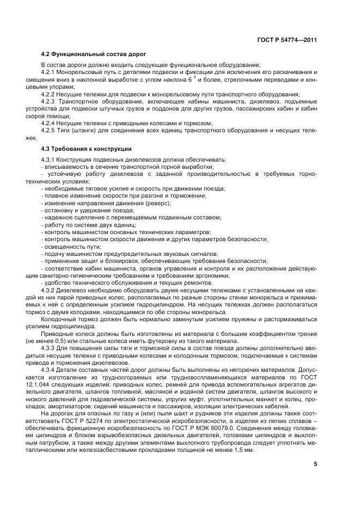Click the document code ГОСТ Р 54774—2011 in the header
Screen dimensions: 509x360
click(286, 39)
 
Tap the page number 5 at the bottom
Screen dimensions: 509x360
click(315, 464)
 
